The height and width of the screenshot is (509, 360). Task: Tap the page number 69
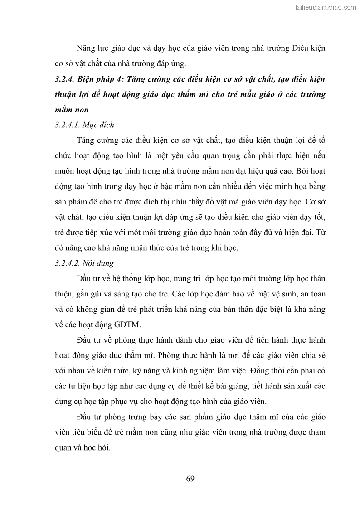tap(190, 479)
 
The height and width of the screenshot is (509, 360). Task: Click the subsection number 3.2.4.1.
tap(70, 124)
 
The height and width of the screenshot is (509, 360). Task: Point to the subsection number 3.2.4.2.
tap(70, 262)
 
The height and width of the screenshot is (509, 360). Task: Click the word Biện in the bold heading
tap(92, 78)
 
